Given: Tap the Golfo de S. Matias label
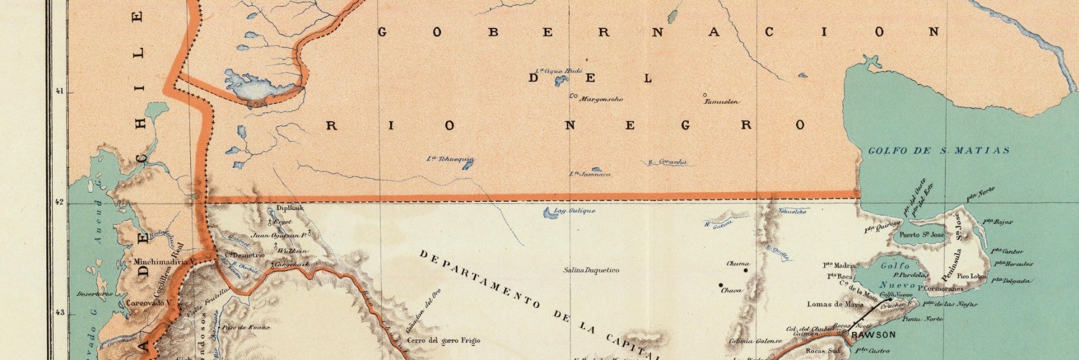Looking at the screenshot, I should [x=938, y=151].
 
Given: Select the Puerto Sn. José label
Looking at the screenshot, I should [x=922, y=235].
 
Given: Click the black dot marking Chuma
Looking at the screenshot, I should [x=746, y=270].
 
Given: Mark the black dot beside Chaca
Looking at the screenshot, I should [x=720, y=285].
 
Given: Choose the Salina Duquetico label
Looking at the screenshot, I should [x=591, y=270].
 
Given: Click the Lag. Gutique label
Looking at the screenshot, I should [x=574, y=211].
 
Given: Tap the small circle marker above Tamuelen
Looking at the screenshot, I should [x=704, y=95].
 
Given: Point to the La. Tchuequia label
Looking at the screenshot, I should [x=451, y=160].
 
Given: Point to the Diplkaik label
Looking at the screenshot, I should [x=289, y=209].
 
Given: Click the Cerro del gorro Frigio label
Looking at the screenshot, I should [x=443, y=341].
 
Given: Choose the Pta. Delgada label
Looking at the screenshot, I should [x=1012, y=281].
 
